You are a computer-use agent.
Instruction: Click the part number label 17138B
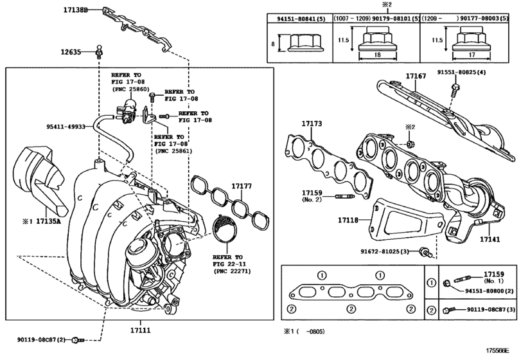(75, 10)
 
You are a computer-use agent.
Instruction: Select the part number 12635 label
(71, 52)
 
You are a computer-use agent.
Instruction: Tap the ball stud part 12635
(99, 51)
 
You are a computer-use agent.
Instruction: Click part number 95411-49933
(66, 127)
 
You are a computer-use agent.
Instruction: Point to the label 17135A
(48, 221)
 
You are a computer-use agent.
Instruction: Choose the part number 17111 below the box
(140, 330)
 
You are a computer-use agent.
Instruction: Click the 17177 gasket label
(242, 186)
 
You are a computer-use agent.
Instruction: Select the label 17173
(312, 123)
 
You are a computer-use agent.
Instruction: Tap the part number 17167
(416, 76)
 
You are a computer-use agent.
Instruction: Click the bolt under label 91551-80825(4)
(455, 90)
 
